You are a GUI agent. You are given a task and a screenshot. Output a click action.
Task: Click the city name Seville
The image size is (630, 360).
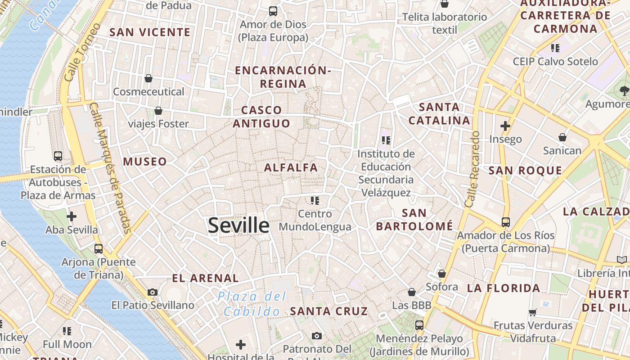[x=238, y=225]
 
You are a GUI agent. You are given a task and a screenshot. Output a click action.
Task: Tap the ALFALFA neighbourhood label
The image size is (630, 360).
[x=291, y=168]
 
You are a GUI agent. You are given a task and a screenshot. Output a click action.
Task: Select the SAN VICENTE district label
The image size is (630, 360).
[x=150, y=32]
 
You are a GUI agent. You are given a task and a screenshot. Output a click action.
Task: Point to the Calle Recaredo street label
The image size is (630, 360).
[x=472, y=169]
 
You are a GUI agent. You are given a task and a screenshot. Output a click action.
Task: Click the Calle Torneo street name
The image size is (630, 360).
[x=82, y=52]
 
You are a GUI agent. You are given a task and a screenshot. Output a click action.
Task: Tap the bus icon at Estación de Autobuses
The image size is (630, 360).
[x=58, y=156]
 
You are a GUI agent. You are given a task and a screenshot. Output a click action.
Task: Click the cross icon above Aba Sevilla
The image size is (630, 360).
[x=72, y=216]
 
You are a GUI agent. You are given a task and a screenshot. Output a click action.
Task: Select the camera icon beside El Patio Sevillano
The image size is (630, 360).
[x=153, y=292]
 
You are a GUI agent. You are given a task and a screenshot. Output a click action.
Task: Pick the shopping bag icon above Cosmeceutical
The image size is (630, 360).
[x=148, y=79]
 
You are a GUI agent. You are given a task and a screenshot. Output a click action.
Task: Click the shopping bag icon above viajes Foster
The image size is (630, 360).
[x=158, y=111]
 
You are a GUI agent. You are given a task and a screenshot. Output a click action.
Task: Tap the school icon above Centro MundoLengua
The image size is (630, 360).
[x=315, y=200]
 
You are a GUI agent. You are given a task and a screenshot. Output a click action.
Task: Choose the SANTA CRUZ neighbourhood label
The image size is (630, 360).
[x=329, y=311]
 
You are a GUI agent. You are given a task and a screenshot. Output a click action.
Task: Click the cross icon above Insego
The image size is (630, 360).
[x=505, y=126]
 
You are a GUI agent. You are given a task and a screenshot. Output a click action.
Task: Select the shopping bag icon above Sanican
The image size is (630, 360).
[x=562, y=137]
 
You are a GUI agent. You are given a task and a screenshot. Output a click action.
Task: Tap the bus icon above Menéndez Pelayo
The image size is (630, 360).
[x=419, y=325]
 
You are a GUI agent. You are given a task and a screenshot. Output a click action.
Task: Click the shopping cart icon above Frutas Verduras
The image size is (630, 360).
[x=533, y=312]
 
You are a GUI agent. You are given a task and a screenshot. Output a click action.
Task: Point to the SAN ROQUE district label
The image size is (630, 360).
[x=525, y=171]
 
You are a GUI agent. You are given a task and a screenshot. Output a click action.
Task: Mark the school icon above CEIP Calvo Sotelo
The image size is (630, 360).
[x=555, y=48]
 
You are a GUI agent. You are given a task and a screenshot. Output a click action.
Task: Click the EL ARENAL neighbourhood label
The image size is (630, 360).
[x=206, y=279]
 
